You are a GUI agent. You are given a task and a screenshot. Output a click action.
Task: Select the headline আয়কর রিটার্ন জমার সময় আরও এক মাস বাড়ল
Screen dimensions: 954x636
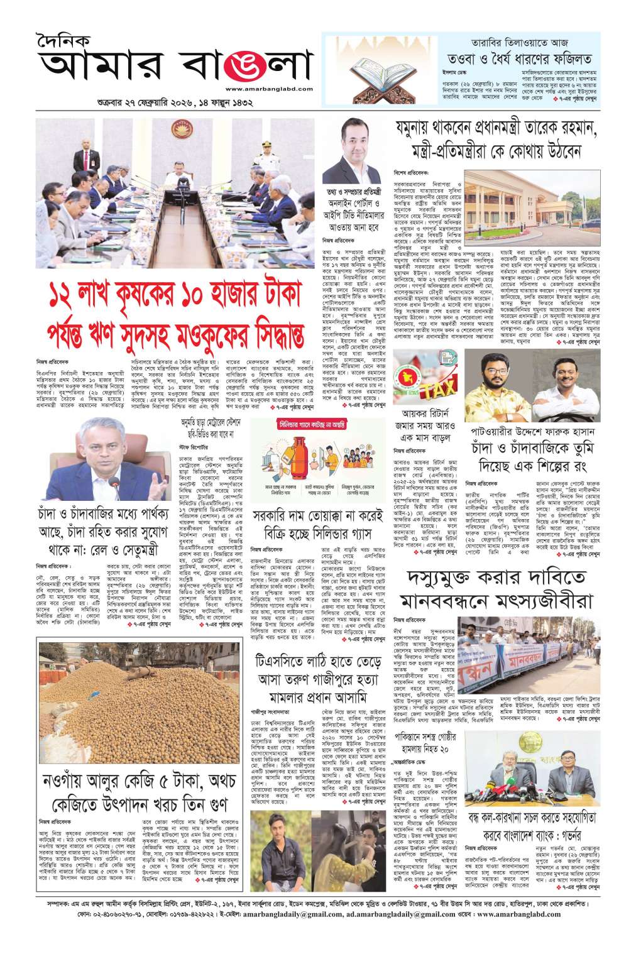[x=422, y=425]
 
